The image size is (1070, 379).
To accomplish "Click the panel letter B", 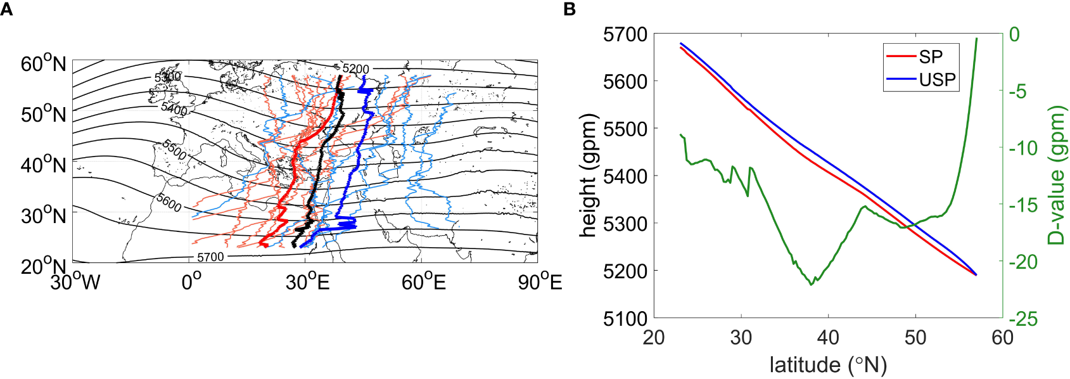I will point(570,9).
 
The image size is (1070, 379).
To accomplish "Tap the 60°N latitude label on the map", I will point(43,64).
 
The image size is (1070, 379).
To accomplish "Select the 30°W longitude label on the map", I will point(75,281).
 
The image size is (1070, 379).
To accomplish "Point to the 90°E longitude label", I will point(540,281).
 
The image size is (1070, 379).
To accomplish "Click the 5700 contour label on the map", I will point(210,257).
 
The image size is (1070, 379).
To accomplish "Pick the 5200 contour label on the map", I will point(355,69).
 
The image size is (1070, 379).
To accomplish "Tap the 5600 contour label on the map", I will point(169,203).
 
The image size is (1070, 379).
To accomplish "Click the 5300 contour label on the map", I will point(168,77).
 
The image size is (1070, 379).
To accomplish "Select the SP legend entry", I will point(931,56).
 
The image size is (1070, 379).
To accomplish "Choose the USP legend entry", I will point(937,80).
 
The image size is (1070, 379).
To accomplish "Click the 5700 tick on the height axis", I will point(625,34).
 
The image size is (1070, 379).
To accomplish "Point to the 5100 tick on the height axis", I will point(625,318).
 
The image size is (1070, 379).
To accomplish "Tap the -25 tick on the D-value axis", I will point(1023,318).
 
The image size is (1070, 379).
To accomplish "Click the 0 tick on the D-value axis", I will point(1014,34).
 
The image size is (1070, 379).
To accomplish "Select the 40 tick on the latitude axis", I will point(828,337).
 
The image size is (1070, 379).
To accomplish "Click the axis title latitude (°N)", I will point(828,364).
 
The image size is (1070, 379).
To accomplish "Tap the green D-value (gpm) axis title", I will point(1056,176).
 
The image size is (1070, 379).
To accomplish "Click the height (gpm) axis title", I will point(589,176).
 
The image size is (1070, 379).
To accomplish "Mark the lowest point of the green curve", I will point(812,285).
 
